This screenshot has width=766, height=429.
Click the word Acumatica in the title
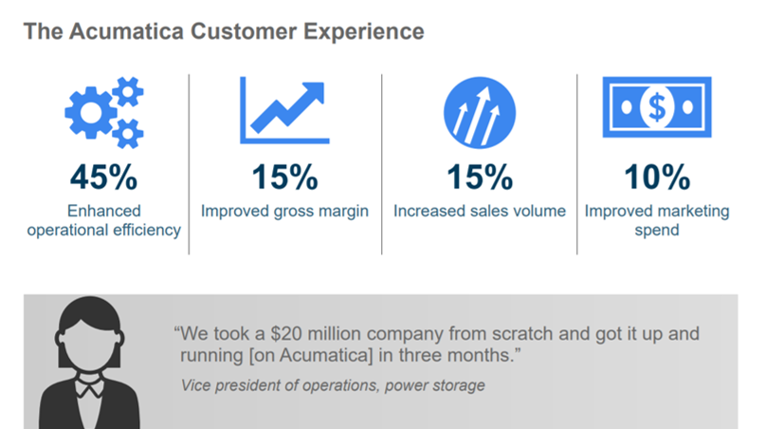[x=126, y=31]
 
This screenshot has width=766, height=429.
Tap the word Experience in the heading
[x=363, y=32]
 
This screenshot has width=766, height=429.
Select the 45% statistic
[x=103, y=177]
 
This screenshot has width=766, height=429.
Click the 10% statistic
[x=657, y=177]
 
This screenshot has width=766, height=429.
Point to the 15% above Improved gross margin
[x=284, y=177]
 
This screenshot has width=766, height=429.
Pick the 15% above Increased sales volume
[x=480, y=177]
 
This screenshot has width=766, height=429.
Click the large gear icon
[x=91, y=113]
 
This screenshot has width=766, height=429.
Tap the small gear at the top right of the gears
[x=128, y=91]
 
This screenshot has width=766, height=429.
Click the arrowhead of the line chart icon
[x=313, y=93]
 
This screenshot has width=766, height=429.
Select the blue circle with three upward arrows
[x=480, y=113]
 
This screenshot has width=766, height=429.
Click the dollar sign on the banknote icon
[x=657, y=107]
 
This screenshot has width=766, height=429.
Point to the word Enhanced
[x=103, y=211]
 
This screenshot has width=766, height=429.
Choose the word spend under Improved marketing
[x=657, y=231]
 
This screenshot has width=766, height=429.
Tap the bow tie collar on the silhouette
[x=89, y=388]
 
